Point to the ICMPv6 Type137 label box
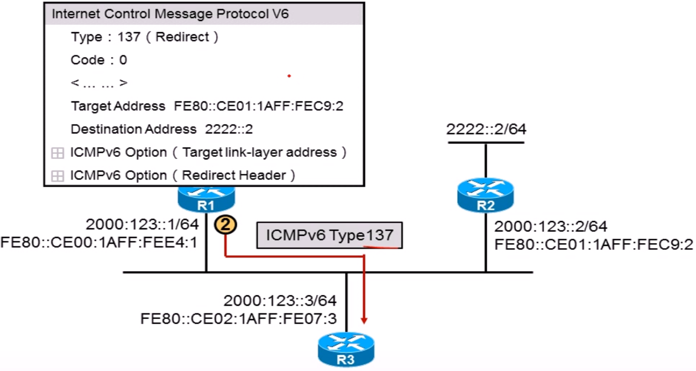pos(330,235)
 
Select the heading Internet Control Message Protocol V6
pos(170,14)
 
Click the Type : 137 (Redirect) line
pos(145,37)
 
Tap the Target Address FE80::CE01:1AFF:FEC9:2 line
pos(207,106)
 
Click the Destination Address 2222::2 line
pos(161,129)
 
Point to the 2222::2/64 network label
pos(486,130)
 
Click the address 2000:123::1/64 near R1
pos(142,225)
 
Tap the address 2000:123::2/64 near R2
pos(551,226)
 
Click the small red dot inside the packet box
pos(289,76)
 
